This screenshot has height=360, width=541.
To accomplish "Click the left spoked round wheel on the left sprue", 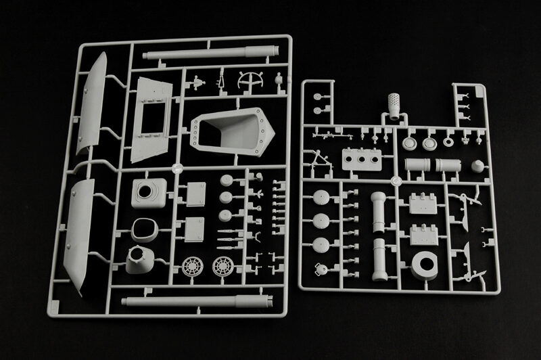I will click(193, 266).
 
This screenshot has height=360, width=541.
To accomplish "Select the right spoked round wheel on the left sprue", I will click(223, 266).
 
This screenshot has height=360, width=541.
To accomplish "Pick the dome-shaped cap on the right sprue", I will click(477, 164).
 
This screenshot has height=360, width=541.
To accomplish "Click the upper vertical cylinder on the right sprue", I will click(377, 210).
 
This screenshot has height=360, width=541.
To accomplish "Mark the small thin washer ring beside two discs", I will click(447, 143).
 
